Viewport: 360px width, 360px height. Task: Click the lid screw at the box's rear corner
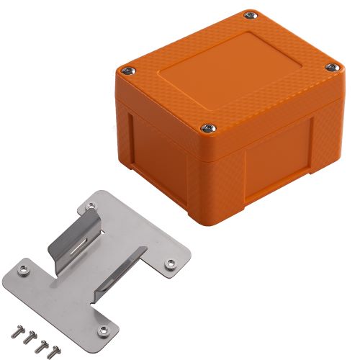[250, 14]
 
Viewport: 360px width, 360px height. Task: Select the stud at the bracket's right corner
[171, 264]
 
